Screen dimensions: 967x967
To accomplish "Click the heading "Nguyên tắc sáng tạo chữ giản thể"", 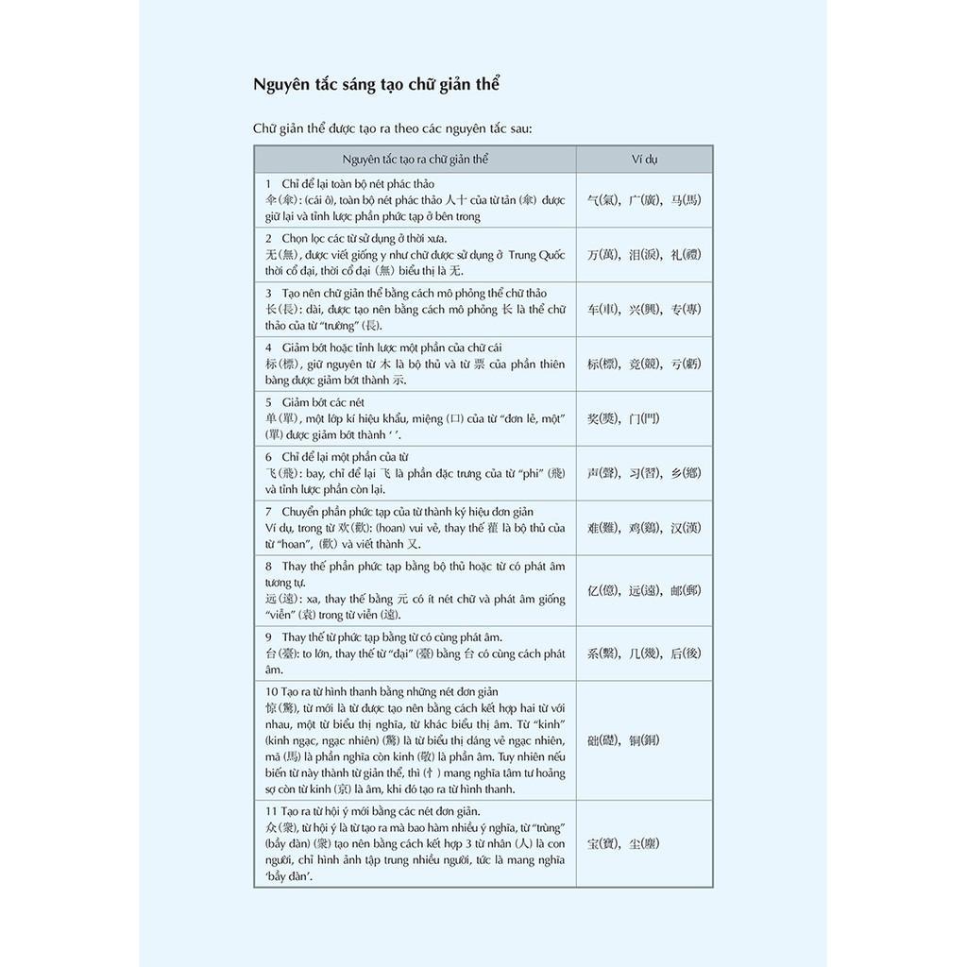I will click(x=376, y=84).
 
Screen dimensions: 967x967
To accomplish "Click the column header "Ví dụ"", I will click(x=645, y=159).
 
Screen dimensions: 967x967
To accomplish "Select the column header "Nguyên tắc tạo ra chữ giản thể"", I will click(x=416, y=159).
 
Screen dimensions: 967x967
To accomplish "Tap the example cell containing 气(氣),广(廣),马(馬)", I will click(x=644, y=200).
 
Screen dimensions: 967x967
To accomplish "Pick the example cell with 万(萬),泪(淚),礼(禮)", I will click(x=644, y=254).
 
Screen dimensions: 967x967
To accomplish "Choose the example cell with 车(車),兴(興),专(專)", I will click(x=644, y=309).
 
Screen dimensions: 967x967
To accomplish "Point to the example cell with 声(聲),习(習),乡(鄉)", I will click(x=644, y=473).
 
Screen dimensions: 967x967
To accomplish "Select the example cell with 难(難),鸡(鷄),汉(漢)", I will click(x=644, y=528).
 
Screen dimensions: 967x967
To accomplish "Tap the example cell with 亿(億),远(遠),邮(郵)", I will click(x=644, y=591).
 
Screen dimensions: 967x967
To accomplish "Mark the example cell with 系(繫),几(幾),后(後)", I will click(x=644, y=653).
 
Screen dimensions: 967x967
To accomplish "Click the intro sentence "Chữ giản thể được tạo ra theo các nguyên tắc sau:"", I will click(x=392, y=128).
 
